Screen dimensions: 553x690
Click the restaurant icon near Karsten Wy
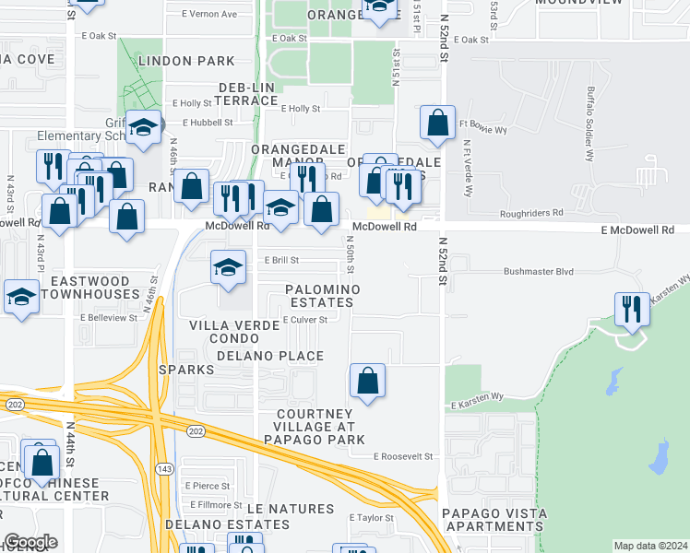click(x=632, y=310)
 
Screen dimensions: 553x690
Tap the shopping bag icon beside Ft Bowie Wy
click(x=437, y=122)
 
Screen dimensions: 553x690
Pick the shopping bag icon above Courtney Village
click(x=367, y=380)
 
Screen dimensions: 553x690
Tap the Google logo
click(x=31, y=542)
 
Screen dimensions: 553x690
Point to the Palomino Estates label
click(x=322, y=295)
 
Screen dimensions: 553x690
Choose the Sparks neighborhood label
click(x=186, y=370)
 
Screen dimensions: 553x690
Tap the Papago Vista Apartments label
click(x=494, y=520)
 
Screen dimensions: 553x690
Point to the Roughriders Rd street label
click(x=530, y=213)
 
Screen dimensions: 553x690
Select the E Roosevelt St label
click(x=403, y=456)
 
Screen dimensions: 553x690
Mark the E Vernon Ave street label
click(x=209, y=15)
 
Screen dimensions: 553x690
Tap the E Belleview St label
click(x=108, y=317)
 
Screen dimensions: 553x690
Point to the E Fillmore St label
click(x=214, y=504)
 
